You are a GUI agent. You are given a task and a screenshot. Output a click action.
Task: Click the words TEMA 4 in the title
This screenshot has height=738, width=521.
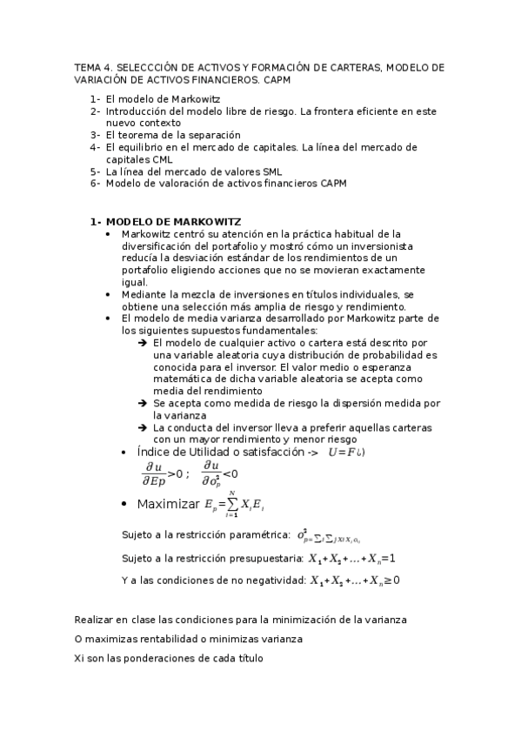coord(89,67)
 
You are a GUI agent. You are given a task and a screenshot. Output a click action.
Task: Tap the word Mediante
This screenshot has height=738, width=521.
coord(145,294)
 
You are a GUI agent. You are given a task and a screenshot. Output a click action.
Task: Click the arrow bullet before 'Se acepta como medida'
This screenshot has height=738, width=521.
coord(142,403)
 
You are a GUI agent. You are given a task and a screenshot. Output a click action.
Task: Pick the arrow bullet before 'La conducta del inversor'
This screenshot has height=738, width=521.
coord(142,427)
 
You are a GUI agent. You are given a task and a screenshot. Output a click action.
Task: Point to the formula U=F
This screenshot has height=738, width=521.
coord(345,453)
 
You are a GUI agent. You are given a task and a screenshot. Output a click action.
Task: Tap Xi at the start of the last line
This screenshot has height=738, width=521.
coord(79,658)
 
